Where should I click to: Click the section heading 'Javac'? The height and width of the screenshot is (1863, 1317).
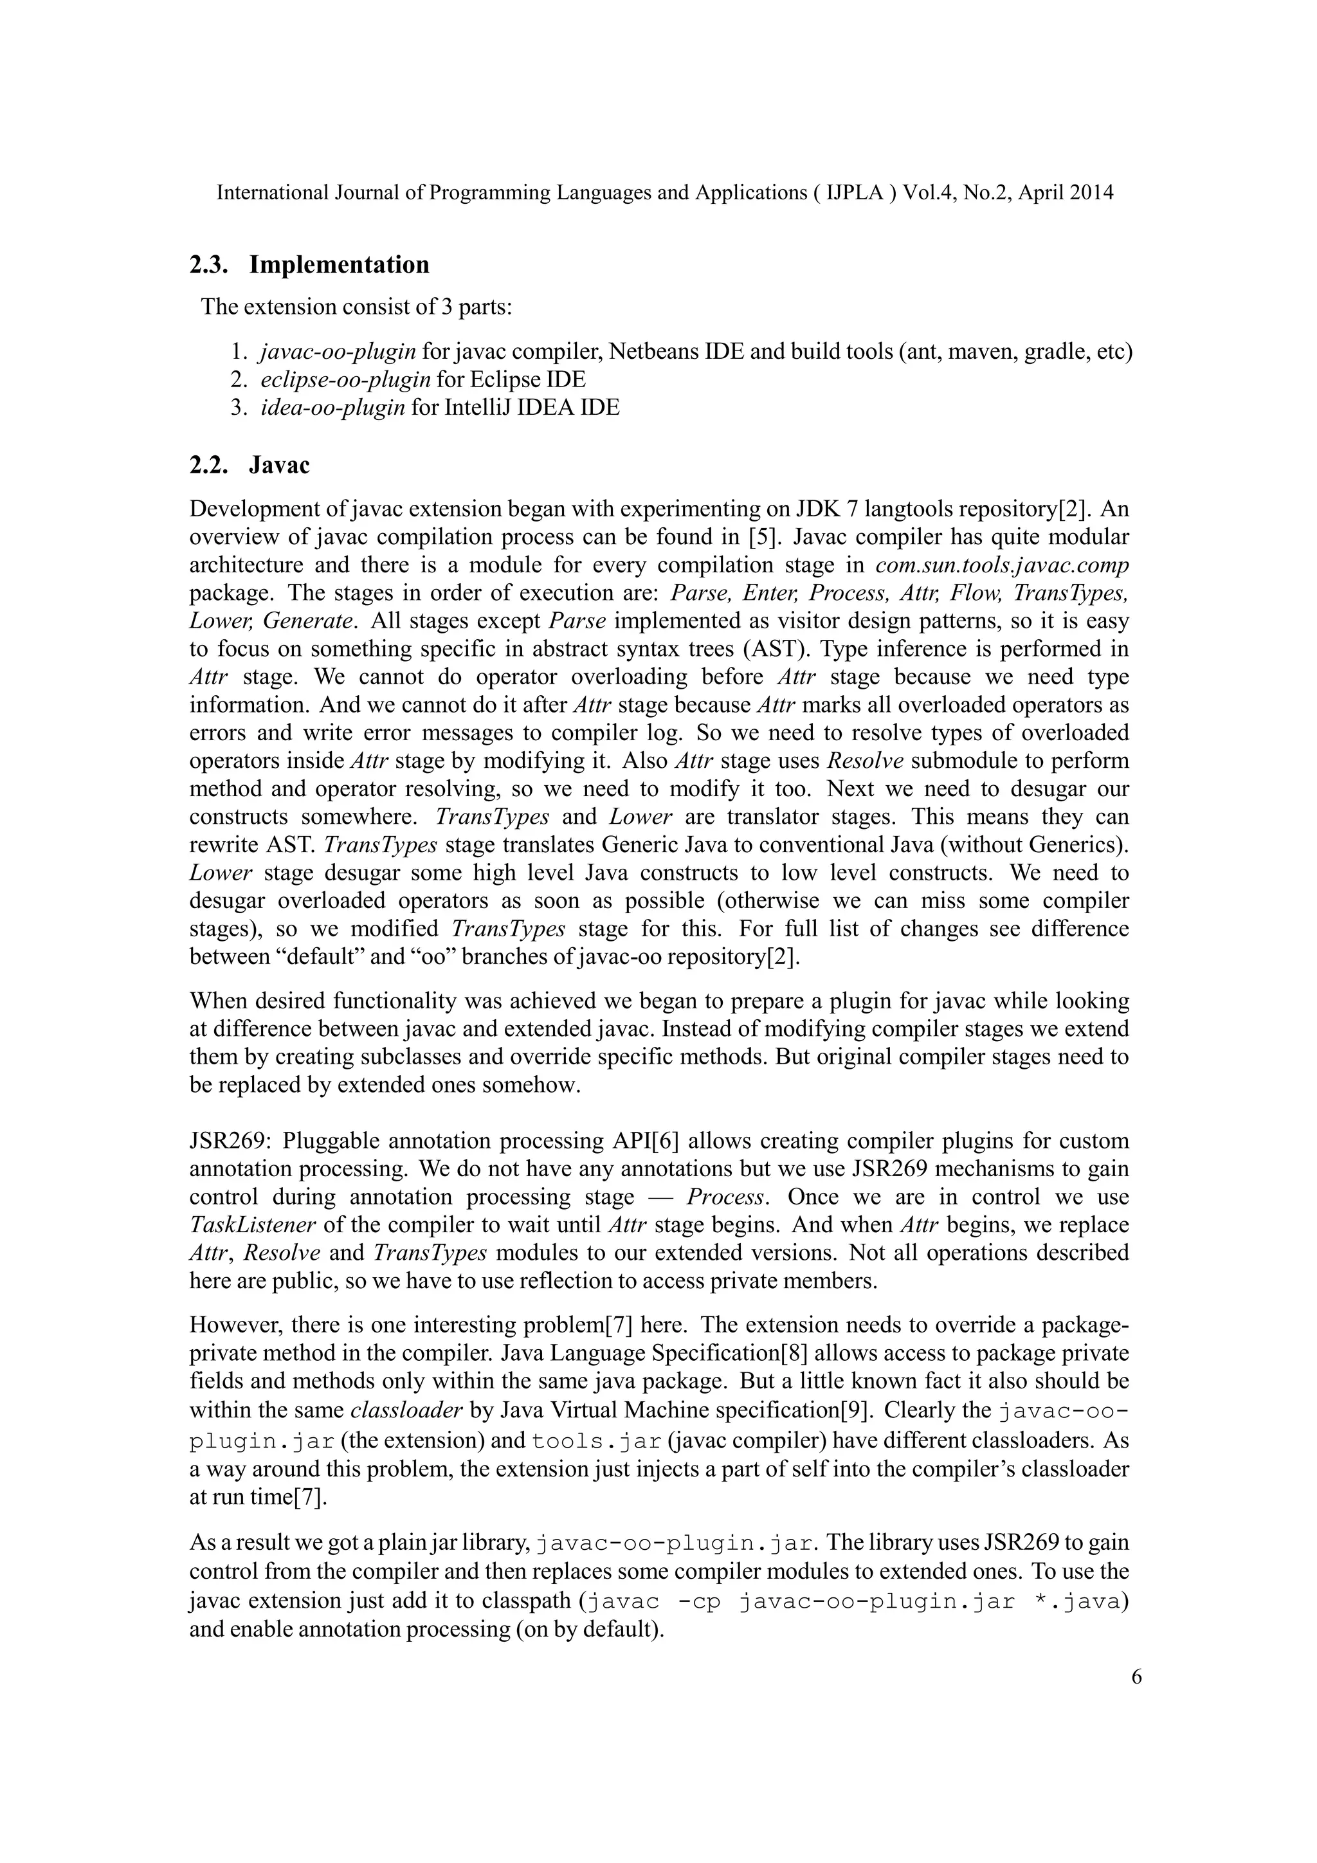point(279,466)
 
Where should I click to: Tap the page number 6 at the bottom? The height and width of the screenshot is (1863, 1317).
point(1136,1677)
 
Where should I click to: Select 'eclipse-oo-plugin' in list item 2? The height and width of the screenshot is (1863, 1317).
point(346,380)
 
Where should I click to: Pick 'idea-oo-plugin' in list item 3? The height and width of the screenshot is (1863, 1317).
point(332,407)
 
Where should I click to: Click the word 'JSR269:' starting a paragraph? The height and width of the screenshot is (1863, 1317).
point(228,1141)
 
